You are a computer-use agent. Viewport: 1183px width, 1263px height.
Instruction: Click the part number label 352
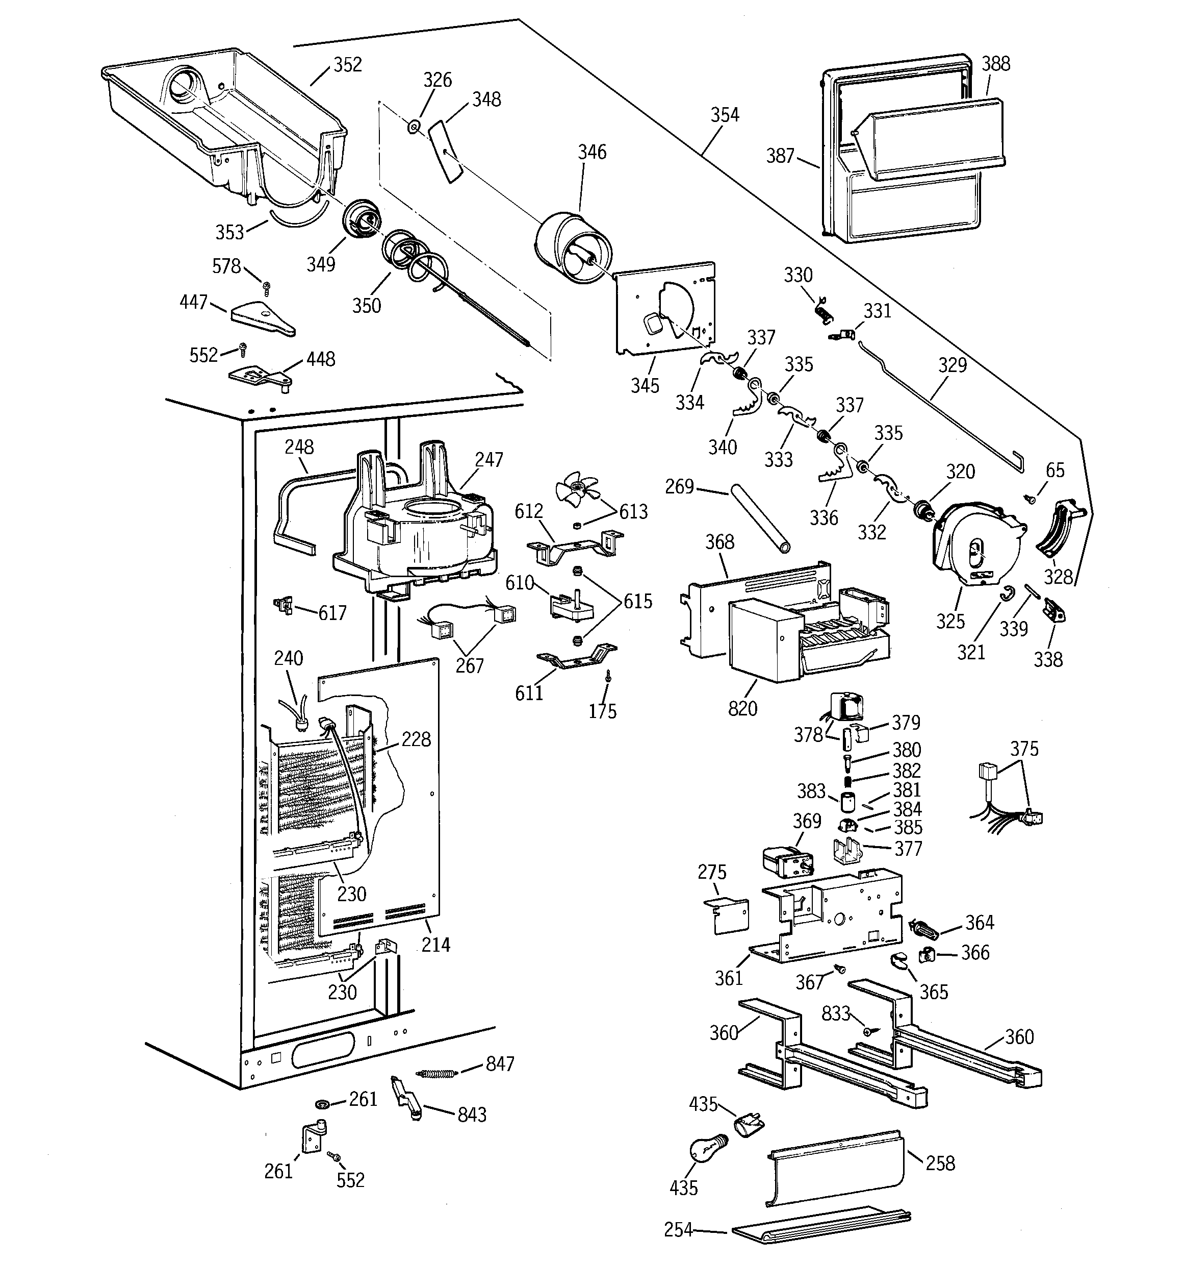347,65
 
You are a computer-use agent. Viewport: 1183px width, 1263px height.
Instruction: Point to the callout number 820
742,708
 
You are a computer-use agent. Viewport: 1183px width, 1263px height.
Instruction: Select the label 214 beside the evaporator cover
435,946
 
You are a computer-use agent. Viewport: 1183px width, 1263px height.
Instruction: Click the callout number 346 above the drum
592,152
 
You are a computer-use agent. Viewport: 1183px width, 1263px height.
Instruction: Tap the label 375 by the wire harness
1024,749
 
